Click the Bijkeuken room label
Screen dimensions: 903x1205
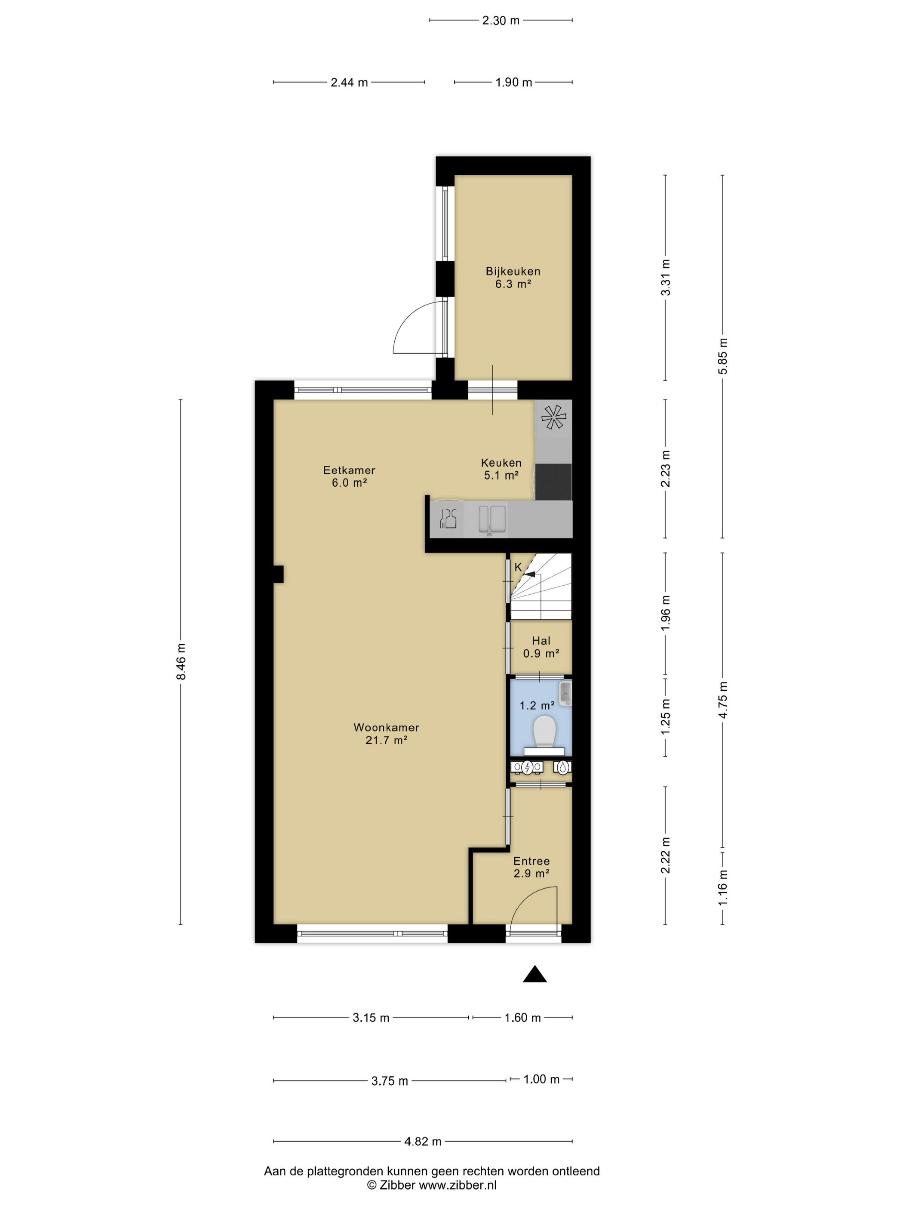513,271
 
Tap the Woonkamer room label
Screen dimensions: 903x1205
386,727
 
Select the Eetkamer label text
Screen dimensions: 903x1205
349,470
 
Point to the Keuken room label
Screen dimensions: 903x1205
501,463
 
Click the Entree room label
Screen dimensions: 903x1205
531,861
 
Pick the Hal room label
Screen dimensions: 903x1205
541,641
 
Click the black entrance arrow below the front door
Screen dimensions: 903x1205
534,974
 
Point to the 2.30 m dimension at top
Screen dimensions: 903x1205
501,21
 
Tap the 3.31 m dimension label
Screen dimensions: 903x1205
665,277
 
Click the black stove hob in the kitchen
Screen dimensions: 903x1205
553,482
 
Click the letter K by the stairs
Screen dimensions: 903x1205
518,567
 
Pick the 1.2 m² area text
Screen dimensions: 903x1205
537,705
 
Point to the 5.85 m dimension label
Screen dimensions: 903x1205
722,356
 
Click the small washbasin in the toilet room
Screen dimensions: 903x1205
566,693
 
